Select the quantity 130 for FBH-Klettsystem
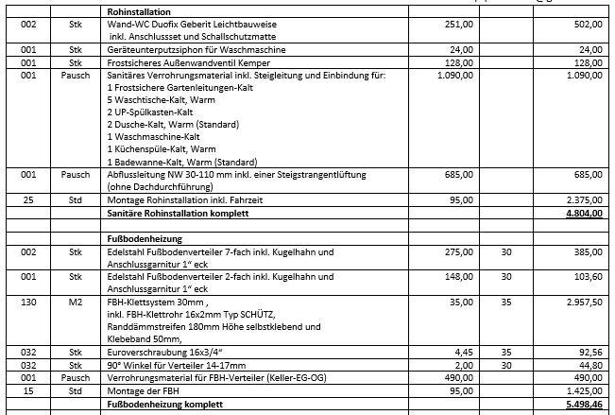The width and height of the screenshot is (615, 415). (27, 302)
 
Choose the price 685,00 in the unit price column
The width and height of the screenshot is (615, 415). (458, 174)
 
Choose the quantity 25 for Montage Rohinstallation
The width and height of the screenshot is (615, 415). (27, 200)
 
